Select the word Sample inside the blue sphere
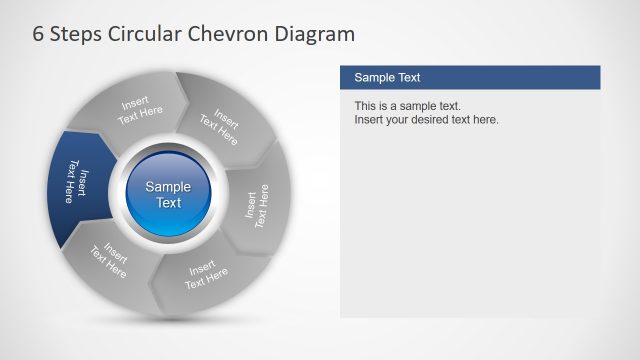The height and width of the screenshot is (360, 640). click(168, 186)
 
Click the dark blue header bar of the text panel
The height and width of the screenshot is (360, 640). click(470, 77)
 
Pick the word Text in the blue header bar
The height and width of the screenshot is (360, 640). click(408, 77)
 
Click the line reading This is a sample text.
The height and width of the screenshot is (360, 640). click(406, 106)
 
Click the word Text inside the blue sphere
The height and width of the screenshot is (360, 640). click(168, 202)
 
